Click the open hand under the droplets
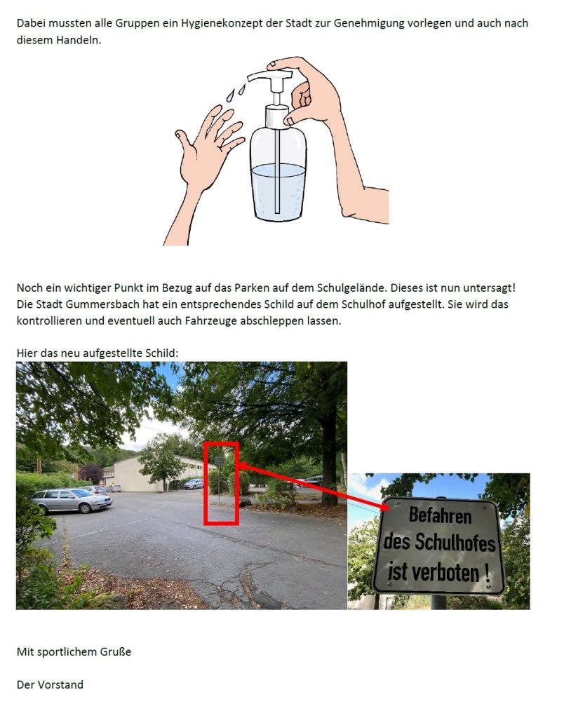(208, 147)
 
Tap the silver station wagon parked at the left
(72, 500)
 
